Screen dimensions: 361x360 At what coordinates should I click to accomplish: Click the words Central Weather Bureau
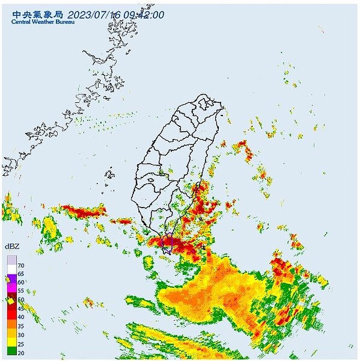41,22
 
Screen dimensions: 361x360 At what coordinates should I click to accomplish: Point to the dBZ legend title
12,247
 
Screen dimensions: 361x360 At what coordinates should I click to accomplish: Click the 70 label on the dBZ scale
20,265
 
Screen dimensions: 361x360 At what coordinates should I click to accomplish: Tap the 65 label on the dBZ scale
20,273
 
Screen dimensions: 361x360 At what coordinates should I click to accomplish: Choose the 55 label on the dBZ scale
20,291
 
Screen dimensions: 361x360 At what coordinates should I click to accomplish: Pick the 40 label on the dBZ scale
20,316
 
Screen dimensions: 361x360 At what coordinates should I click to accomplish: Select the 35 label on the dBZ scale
20,326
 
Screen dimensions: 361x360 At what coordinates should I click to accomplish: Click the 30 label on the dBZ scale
20,334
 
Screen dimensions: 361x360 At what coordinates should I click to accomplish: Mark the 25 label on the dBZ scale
20,343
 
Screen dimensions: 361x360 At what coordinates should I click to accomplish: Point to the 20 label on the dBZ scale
20,352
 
